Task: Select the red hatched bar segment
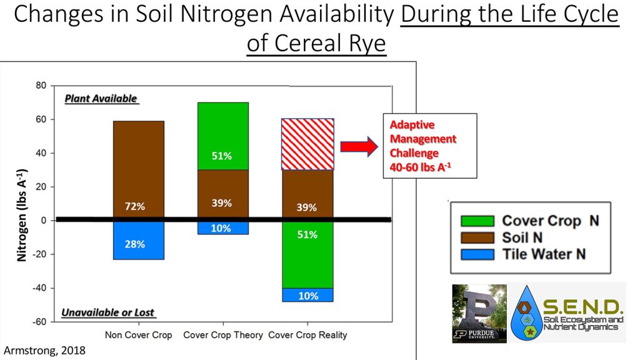point(307,144)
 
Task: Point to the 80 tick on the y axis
point(42,86)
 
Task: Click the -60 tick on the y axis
point(39,322)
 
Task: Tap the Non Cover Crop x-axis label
point(138,335)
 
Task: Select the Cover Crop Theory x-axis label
point(223,335)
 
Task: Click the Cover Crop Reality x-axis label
point(307,335)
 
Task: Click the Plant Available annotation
point(101,99)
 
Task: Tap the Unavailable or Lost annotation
point(108,312)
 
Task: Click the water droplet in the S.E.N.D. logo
point(528,312)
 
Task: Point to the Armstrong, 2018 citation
point(44,351)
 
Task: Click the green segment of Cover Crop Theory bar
point(222,136)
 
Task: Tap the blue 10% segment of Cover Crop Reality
point(307,295)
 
